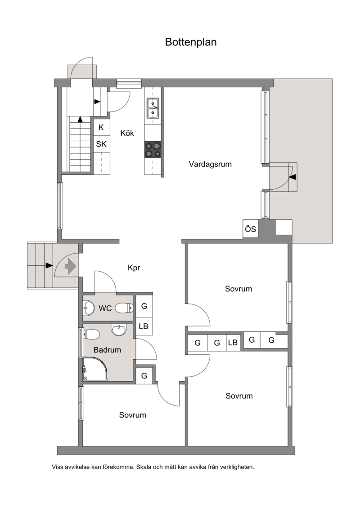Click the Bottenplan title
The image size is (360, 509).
pos(191,42)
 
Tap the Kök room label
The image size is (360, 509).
pos(127,133)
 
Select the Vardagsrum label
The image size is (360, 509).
pos(210,164)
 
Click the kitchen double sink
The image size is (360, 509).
pos(153,108)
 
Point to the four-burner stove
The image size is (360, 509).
pos(153,150)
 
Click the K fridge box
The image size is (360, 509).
pos(101,128)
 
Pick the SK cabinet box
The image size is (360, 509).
pos(101,144)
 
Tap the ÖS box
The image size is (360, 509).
pos(251,229)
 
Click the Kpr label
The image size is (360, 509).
pos(134,268)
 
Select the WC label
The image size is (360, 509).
pos(105,308)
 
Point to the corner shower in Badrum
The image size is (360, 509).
pos(95,369)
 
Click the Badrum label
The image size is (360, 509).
pos(107,350)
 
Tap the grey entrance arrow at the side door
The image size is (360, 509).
pos(70,266)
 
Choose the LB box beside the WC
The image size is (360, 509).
pos(144,326)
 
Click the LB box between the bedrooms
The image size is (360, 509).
pos(233,343)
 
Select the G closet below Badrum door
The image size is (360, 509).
pos(144,375)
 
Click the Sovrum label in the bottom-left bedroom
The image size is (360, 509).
pos(133,415)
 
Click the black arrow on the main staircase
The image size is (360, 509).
pos(80,119)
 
